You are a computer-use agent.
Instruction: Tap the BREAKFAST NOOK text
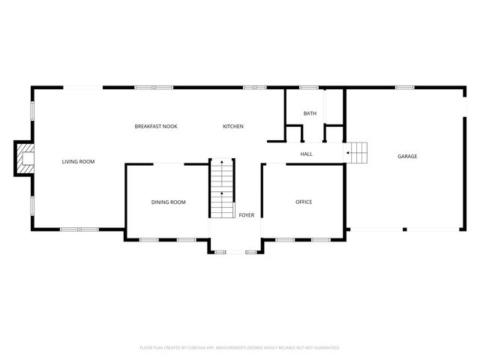pos(155,126)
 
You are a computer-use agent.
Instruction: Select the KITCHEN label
pos(232,126)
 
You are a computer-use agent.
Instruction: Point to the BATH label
pos(310,113)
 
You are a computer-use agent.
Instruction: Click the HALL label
pos(306,154)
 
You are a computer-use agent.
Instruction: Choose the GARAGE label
pos(407,156)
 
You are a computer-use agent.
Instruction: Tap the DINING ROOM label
pos(168,202)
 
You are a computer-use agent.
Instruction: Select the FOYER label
pos(246,215)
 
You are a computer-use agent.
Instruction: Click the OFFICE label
pos(303,202)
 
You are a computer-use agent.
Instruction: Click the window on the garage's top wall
pos(405,88)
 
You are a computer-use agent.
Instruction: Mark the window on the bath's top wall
pos(308,88)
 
